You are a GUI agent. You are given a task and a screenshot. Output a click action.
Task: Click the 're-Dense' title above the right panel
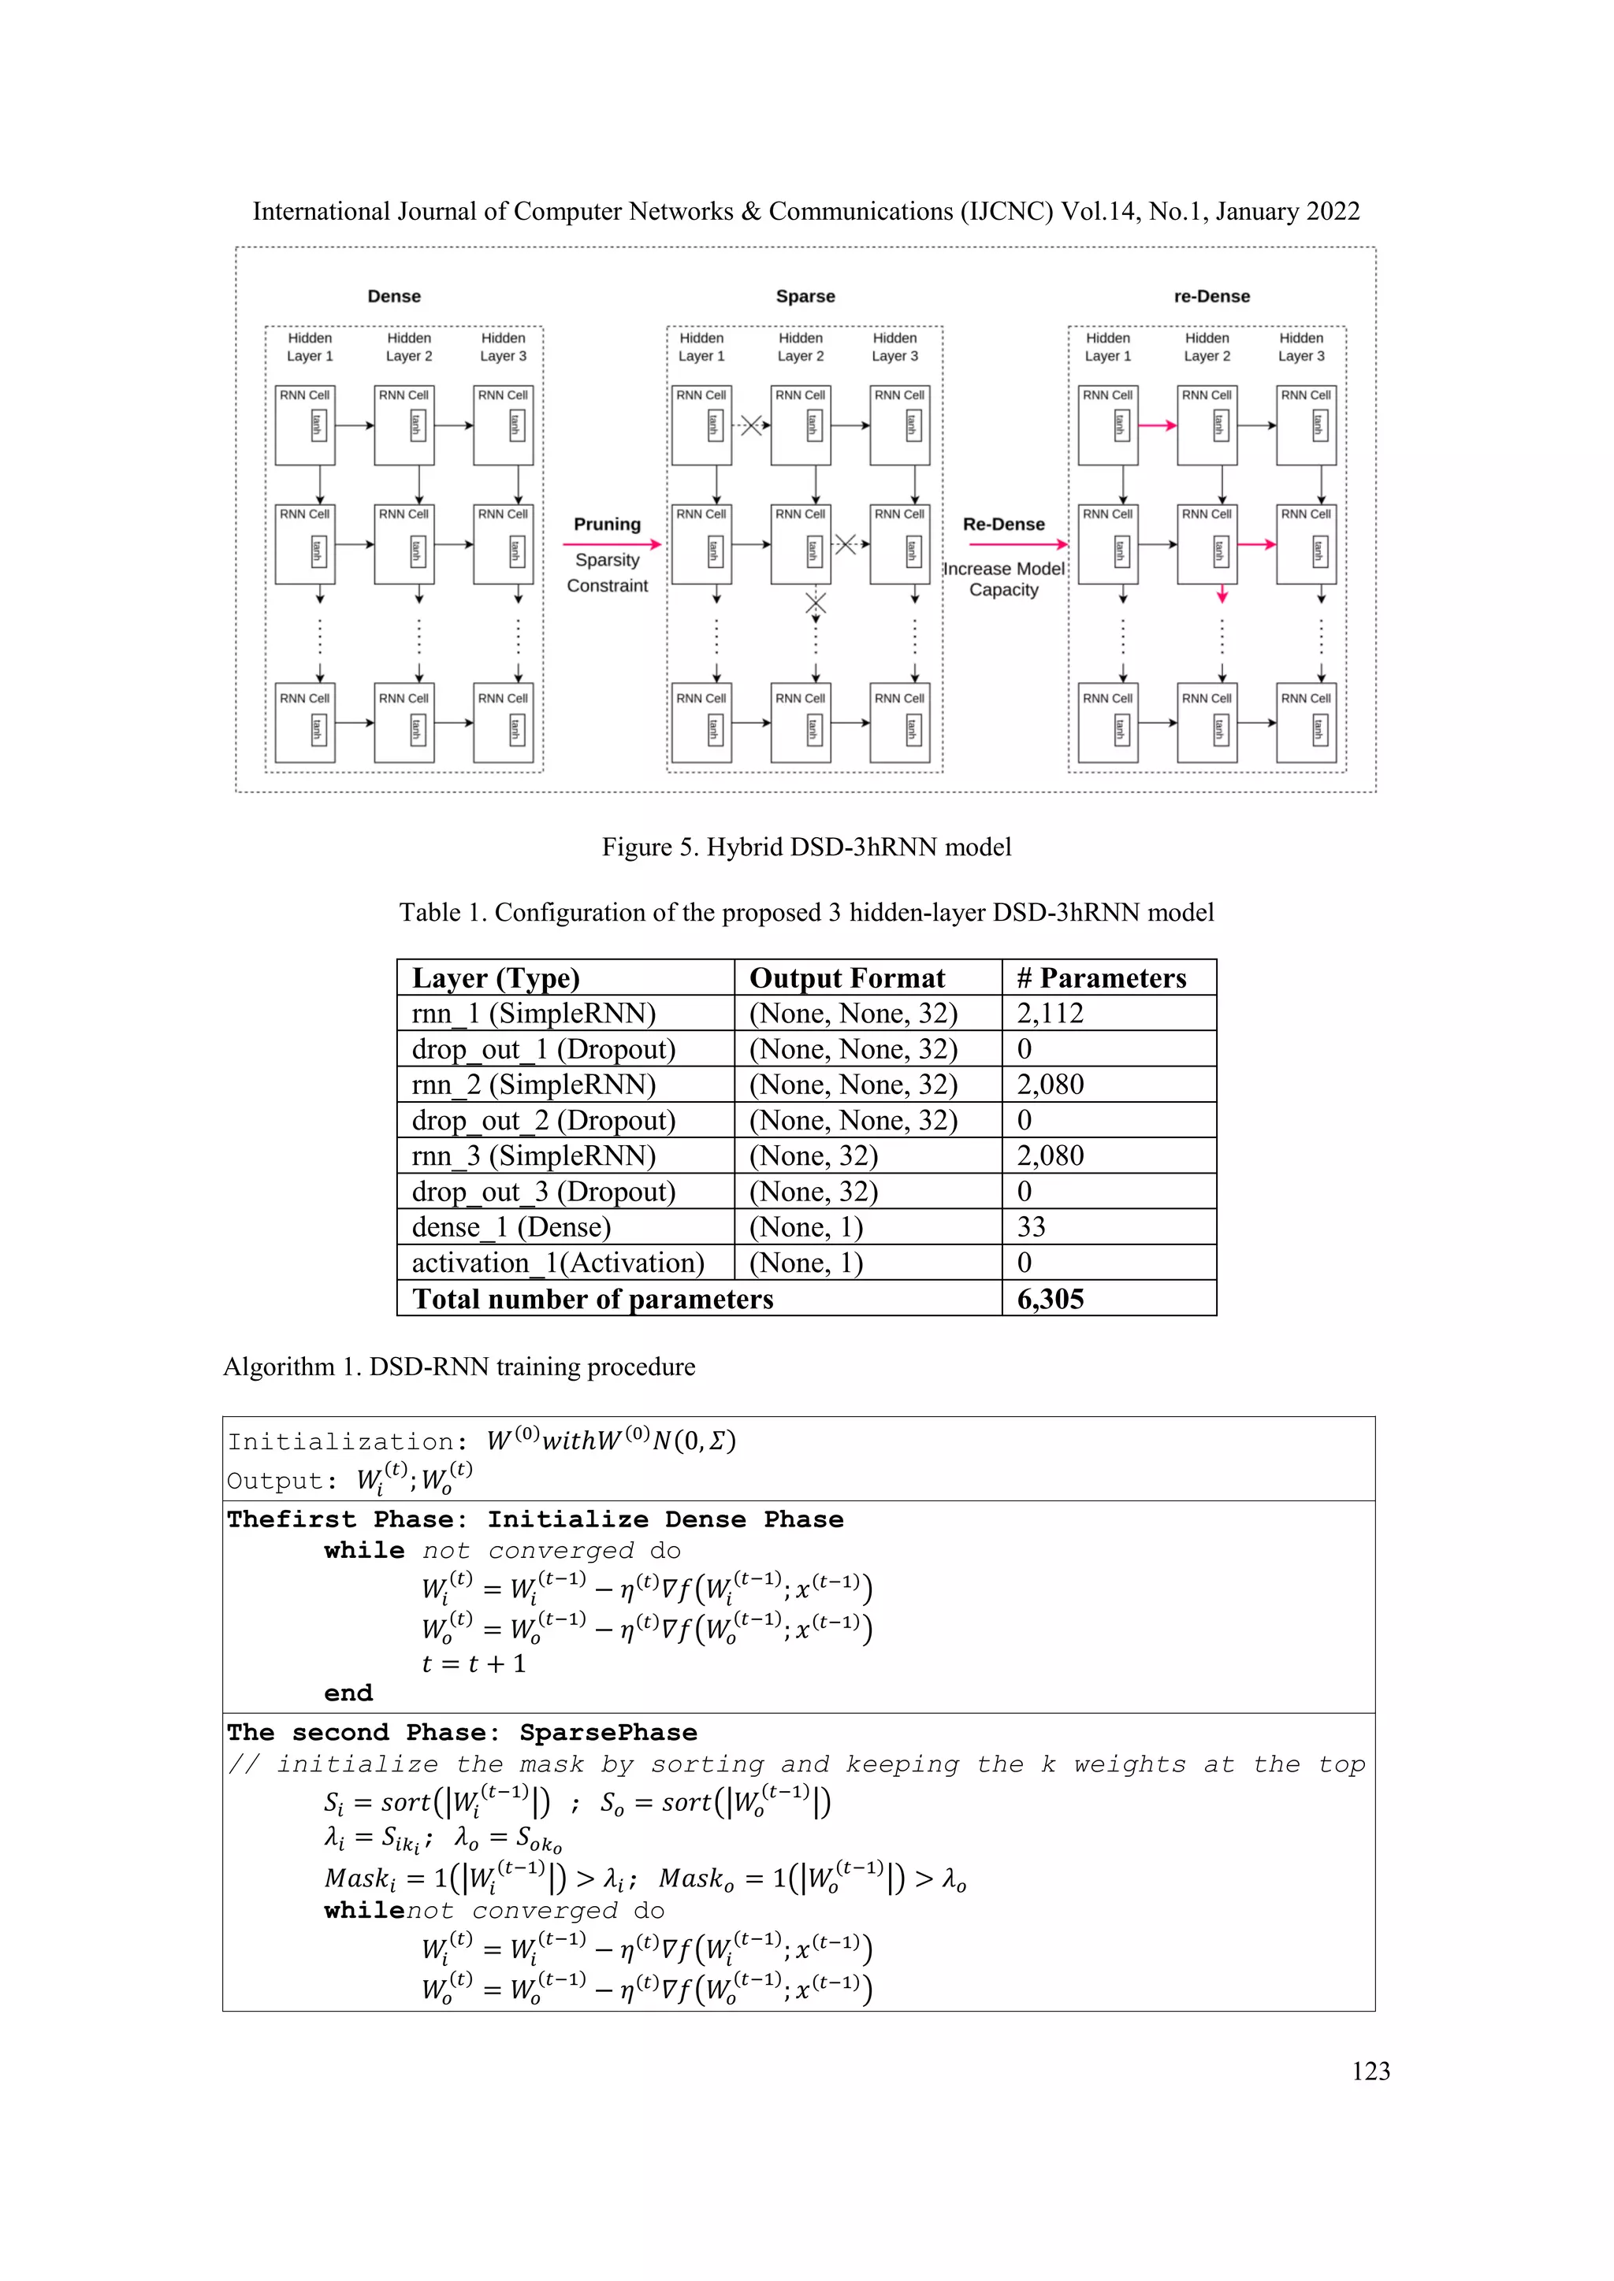pyautogui.click(x=1210, y=296)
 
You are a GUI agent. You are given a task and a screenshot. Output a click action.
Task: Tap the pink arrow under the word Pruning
pyautogui.click(x=612, y=543)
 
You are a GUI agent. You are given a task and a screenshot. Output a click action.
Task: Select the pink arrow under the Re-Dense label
pyautogui.click(x=1017, y=543)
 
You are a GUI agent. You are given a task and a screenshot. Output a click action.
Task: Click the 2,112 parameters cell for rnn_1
pyautogui.click(x=1050, y=1014)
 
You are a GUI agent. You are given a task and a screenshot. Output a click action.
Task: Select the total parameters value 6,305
pyautogui.click(x=1050, y=1299)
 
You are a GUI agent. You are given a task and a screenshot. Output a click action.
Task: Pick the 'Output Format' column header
pyautogui.click(x=846, y=977)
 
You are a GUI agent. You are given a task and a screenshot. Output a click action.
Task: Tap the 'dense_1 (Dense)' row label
pyautogui.click(x=511, y=1227)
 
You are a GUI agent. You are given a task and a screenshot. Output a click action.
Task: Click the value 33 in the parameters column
pyautogui.click(x=1031, y=1227)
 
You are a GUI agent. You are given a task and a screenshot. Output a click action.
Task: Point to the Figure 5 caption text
pyautogui.click(x=806, y=847)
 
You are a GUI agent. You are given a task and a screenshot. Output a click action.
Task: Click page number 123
pyautogui.click(x=1370, y=2071)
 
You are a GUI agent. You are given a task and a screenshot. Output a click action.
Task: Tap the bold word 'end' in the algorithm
pyautogui.click(x=348, y=1693)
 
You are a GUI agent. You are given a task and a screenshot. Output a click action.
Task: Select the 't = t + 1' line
pyautogui.click(x=473, y=1663)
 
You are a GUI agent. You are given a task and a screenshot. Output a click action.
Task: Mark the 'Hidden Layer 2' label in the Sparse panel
pyautogui.click(x=800, y=347)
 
